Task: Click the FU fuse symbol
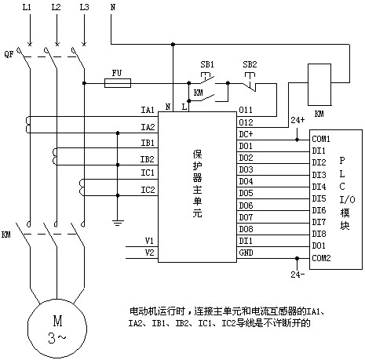[x=118, y=83]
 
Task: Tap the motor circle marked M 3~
[x=57, y=329]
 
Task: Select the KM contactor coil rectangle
[x=319, y=85]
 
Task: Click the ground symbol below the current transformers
[x=118, y=223]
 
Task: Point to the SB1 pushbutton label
[x=207, y=64]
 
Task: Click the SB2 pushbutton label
[x=250, y=64]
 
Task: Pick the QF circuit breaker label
[x=9, y=54]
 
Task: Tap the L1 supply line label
[x=27, y=7]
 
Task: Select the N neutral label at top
[x=113, y=7]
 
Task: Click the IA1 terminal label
[x=148, y=110]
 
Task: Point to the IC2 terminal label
[x=148, y=190]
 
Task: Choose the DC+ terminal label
[x=246, y=134]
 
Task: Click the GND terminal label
[x=246, y=253]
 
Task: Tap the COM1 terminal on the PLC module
[x=321, y=139]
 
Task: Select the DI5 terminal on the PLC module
[x=319, y=198]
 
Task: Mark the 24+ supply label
[x=297, y=120]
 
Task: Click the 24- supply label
[x=297, y=275]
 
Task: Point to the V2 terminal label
[x=150, y=253]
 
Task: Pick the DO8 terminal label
[x=246, y=229]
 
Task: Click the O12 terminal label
[x=246, y=122]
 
